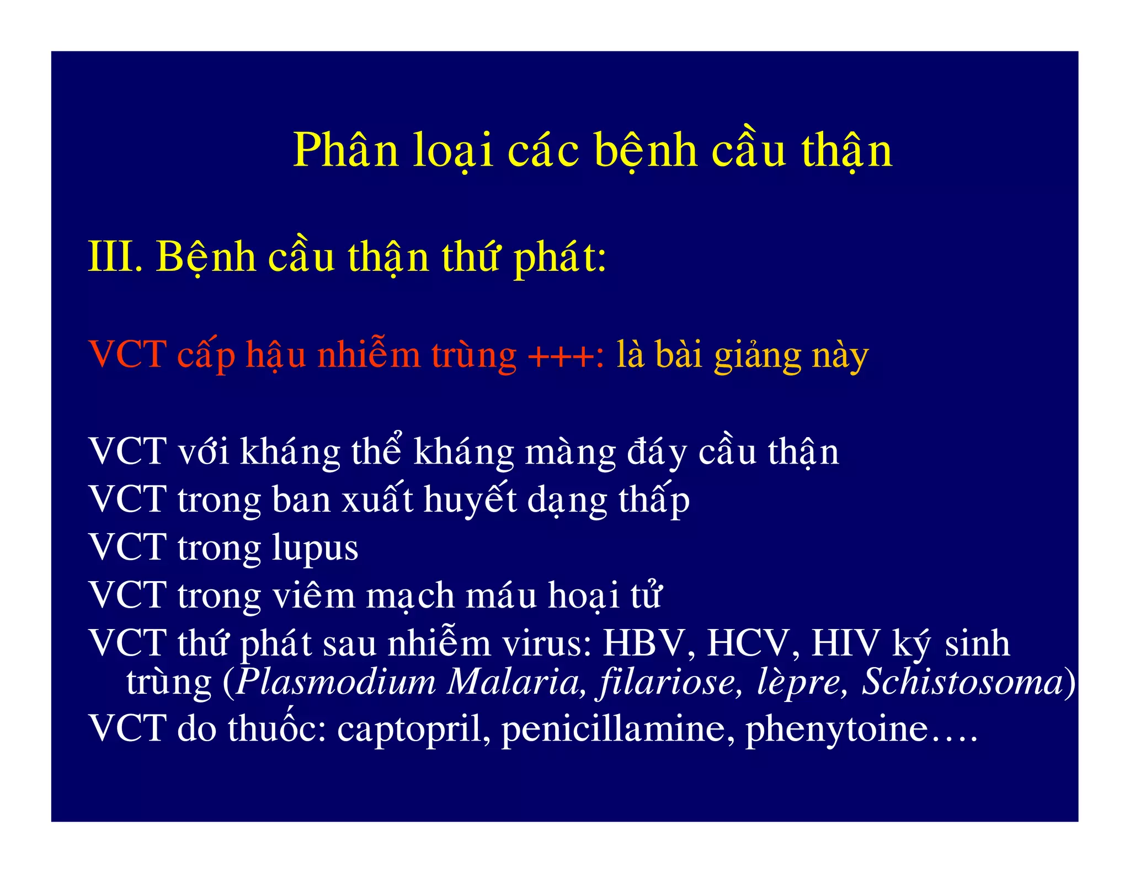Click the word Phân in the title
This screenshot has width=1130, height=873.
point(345,150)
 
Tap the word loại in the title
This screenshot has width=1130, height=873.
point(452,150)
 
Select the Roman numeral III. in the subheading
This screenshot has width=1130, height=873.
point(115,257)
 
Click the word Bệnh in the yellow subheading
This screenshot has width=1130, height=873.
point(206,258)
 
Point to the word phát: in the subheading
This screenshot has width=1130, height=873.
point(559,258)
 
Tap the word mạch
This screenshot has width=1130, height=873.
point(410,596)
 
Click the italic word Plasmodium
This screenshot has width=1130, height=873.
point(336,682)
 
